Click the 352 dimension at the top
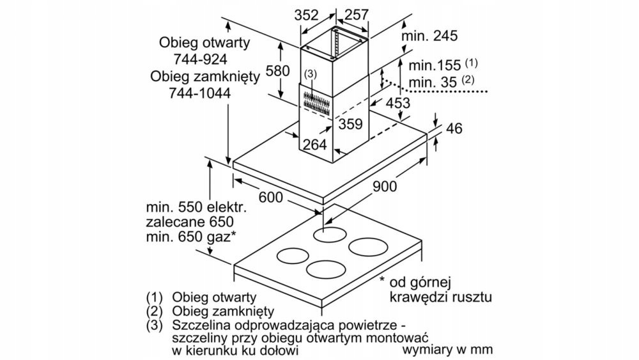pyautogui.click(x=306, y=15)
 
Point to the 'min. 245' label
pyautogui.click(x=429, y=36)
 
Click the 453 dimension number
pyautogui.click(x=397, y=103)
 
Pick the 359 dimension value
pyautogui.click(x=351, y=123)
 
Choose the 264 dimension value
pyautogui.click(x=315, y=144)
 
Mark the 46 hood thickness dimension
pyautogui.click(x=454, y=128)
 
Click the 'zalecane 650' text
pyautogui.click(x=187, y=223)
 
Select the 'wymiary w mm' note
pyautogui.click(x=448, y=350)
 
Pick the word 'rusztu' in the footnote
pyautogui.click(x=472, y=297)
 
